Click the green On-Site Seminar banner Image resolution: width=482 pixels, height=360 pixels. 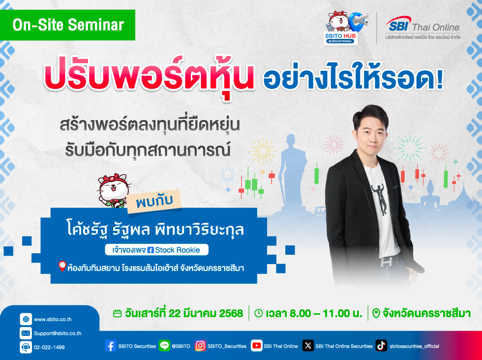(x=67, y=25)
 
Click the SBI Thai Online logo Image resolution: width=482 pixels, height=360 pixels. (x=422, y=28)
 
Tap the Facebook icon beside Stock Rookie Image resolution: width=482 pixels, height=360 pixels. (x=151, y=250)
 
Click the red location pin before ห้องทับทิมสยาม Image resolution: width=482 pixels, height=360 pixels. (x=62, y=266)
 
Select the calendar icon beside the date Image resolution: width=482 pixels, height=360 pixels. (x=118, y=314)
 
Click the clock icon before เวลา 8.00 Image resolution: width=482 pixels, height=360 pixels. (x=259, y=313)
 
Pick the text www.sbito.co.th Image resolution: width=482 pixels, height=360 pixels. (x=53, y=319)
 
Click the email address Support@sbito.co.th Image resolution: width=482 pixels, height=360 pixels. (x=58, y=333)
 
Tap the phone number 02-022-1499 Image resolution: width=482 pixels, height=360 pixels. (x=49, y=347)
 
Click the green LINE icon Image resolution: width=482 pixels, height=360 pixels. (x=164, y=346)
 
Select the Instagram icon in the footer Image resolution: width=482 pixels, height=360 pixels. (x=200, y=346)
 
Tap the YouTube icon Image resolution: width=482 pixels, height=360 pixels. (x=256, y=346)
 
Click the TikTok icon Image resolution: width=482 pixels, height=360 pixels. (x=381, y=346)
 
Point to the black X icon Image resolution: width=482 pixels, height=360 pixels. (x=308, y=346)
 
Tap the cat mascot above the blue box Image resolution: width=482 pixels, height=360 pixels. (x=114, y=191)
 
